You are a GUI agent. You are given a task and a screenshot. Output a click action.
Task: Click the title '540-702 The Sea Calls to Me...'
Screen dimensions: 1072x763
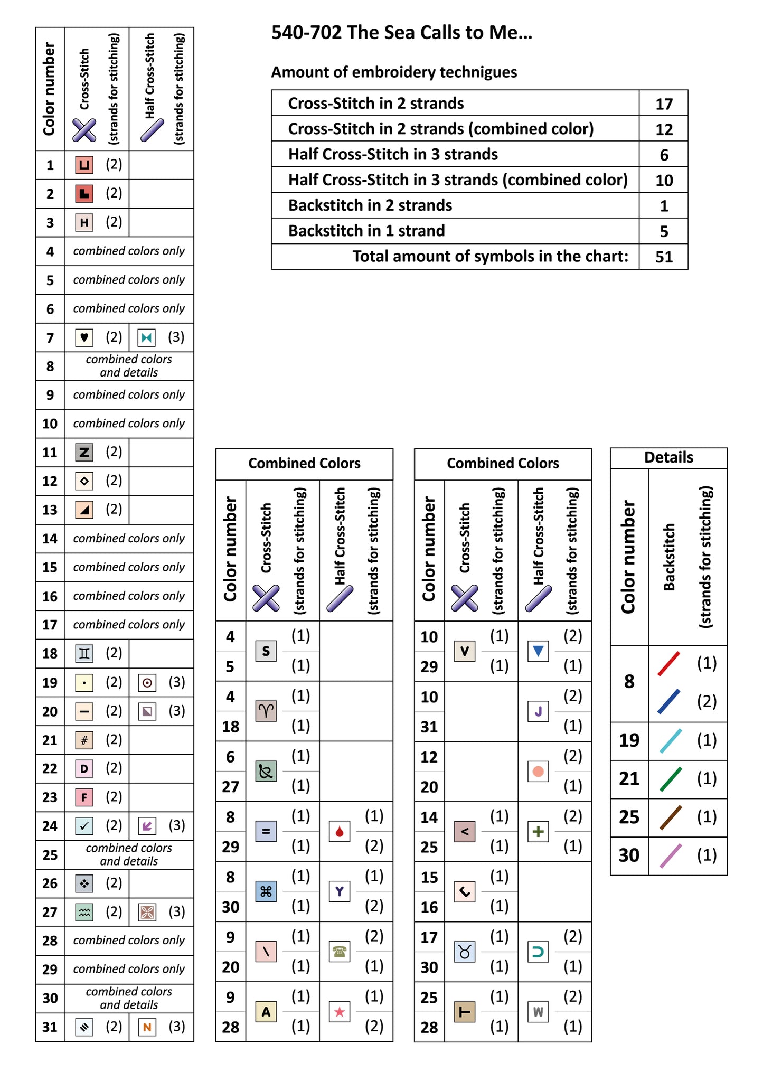(x=401, y=33)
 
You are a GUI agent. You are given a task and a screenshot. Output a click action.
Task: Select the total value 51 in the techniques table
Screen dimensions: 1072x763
(x=664, y=257)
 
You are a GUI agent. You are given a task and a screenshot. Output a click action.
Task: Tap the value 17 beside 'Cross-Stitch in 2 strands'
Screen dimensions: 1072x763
(x=664, y=104)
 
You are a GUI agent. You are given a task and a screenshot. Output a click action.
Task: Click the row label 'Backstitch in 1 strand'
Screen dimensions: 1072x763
(x=366, y=231)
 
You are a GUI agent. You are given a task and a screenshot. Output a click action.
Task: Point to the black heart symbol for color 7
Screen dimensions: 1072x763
(x=84, y=337)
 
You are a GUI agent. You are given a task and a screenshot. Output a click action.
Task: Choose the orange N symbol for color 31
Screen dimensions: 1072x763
(x=147, y=1027)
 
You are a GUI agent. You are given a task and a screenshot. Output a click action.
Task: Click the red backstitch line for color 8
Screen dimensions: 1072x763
(x=668, y=664)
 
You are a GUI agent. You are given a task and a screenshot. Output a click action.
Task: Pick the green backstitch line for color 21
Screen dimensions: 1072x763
(x=671, y=779)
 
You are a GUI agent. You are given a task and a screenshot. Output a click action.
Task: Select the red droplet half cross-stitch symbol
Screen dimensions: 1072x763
(x=340, y=831)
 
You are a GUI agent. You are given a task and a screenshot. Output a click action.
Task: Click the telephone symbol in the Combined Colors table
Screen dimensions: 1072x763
(x=340, y=952)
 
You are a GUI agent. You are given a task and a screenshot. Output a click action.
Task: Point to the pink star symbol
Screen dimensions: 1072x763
(x=340, y=1012)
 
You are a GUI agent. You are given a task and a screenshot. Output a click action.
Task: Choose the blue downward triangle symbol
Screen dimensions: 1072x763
(x=538, y=651)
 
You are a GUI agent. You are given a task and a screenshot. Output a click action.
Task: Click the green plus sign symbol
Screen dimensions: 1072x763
(x=538, y=832)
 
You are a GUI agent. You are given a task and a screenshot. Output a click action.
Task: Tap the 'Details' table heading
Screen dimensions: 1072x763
(x=668, y=457)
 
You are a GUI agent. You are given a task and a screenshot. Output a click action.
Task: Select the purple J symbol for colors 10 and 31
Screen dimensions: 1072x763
(x=538, y=711)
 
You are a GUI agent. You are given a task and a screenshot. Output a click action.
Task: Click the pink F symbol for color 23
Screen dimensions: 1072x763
(x=84, y=797)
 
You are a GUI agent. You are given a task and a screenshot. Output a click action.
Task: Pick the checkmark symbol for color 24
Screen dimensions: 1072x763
(x=84, y=826)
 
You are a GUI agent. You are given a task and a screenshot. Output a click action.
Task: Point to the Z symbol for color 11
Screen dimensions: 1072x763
(x=84, y=452)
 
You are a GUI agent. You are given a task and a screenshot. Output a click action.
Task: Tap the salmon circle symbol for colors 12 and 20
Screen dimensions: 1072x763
(x=538, y=772)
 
